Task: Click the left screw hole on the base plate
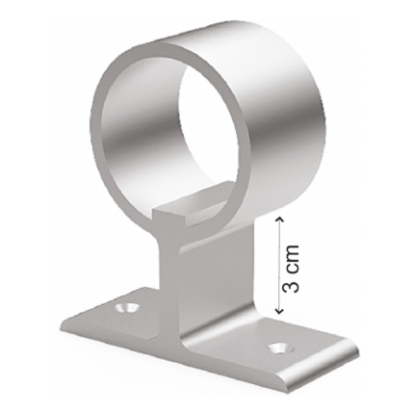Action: pyautogui.click(x=127, y=307)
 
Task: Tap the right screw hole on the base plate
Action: pyautogui.click(x=279, y=348)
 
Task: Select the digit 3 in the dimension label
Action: pyautogui.click(x=291, y=285)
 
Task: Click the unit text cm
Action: pyautogui.click(x=291, y=257)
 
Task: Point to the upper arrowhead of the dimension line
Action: pyautogui.click(x=279, y=219)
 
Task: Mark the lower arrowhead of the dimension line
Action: pyautogui.click(x=279, y=311)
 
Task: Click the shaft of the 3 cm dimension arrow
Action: pyautogui.click(x=279, y=265)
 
